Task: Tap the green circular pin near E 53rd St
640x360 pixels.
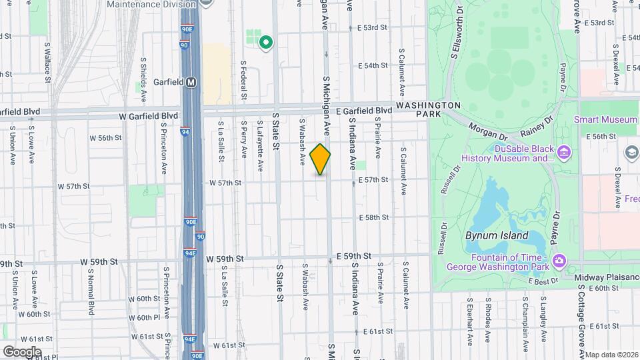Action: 266,43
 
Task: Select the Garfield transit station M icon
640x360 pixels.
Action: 192,83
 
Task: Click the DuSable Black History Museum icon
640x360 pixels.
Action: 564,153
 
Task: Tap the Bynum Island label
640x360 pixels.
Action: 497,235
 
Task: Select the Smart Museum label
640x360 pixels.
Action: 605,120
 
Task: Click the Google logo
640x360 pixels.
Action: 22,351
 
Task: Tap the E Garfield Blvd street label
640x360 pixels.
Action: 363,111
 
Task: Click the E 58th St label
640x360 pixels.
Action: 373,218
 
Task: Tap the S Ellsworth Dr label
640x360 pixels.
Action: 459,31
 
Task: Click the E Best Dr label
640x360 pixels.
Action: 543,282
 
